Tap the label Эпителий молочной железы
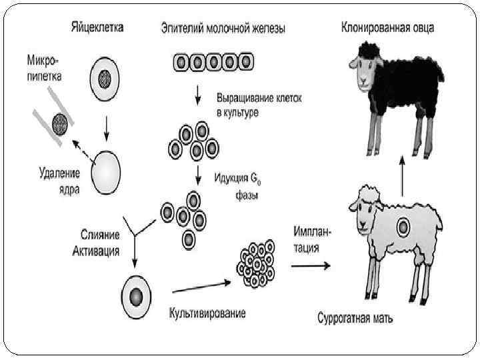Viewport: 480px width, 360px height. (x=223, y=29)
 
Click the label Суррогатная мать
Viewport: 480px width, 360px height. (x=355, y=317)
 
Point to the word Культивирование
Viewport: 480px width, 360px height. (x=207, y=313)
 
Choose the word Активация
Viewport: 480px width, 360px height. (x=95, y=251)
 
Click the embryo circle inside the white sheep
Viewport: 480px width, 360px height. (x=402, y=228)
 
